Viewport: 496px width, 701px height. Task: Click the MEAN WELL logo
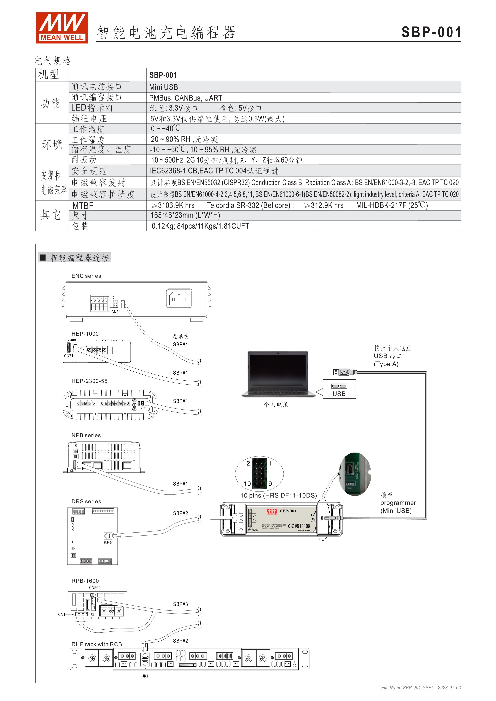point(62,28)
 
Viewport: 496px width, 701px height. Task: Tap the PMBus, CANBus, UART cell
point(185,98)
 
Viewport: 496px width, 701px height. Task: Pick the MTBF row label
point(83,206)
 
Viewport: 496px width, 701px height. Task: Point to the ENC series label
point(86,276)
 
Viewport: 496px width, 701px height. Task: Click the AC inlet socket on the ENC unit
point(179,298)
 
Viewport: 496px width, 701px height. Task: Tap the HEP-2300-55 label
point(89,381)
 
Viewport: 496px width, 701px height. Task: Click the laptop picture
point(278,374)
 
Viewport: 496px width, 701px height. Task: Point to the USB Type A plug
point(345,372)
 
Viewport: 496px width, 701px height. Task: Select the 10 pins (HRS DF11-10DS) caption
point(279,495)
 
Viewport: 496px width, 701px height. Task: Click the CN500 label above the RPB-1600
point(94,587)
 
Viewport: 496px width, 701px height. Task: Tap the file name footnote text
point(421,688)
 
